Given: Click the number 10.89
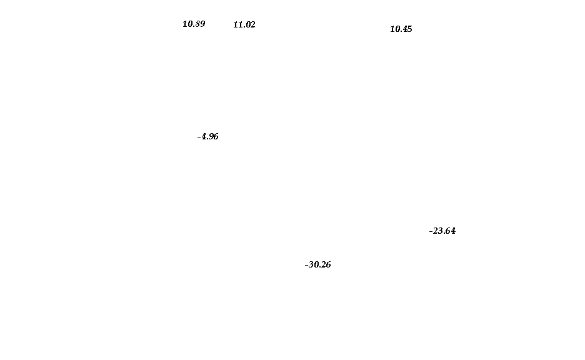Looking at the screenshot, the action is pyautogui.click(x=194, y=24).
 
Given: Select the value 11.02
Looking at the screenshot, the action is pyautogui.click(x=244, y=24).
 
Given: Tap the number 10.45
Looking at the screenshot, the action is pyautogui.click(x=401, y=29).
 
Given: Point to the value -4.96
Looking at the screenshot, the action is pyautogui.click(x=207, y=136).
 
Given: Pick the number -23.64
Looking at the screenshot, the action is pyautogui.click(x=442, y=231).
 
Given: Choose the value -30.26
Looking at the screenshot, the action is pyautogui.click(x=318, y=264).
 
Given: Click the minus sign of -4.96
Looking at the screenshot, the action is pyautogui.click(x=199, y=137).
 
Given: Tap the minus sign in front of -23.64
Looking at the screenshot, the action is pyautogui.click(x=431, y=232).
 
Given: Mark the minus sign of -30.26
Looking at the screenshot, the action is pyautogui.click(x=306, y=265).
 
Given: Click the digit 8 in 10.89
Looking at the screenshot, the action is pyautogui.click(x=197, y=24).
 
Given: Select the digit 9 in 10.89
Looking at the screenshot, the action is pyautogui.click(x=202, y=24).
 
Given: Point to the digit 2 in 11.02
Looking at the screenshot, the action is pyautogui.click(x=253, y=24).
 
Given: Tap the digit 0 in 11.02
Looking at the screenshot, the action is pyautogui.click(x=247, y=24).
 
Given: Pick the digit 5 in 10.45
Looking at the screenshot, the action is pyautogui.click(x=409, y=29).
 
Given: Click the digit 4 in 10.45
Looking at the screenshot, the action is pyautogui.click(x=404, y=29).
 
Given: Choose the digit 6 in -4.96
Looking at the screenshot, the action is pyautogui.click(x=216, y=136).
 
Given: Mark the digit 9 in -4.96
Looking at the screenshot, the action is pyautogui.click(x=211, y=136).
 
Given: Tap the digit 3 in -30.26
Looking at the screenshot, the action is pyautogui.click(x=311, y=264).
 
